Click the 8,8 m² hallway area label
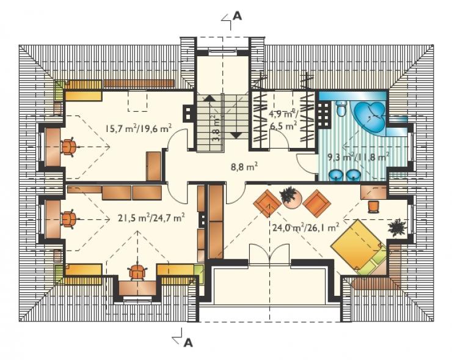point(244,166)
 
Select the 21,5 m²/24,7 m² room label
point(151,218)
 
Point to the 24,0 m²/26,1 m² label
point(305,227)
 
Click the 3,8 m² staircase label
point(216,128)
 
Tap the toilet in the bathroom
point(341,108)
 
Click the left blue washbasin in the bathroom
point(335,175)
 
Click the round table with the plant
point(292,198)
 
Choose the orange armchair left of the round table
point(267,203)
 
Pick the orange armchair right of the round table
point(316,203)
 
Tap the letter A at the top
point(237,16)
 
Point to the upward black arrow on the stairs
point(209,98)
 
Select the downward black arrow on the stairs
point(236,135)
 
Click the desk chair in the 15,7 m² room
point(68,147)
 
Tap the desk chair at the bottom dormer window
point(137,271)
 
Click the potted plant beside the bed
point(397,227)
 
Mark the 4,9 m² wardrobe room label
point(284,119)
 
